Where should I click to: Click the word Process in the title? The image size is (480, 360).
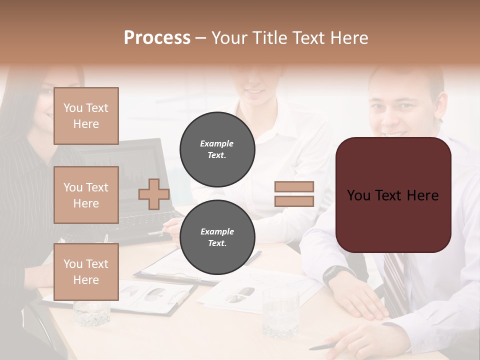click(x=157, y=37)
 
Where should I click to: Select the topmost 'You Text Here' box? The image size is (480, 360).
click(x=86, y=116)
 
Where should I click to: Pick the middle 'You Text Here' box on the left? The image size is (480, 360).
click(x=86, y=195)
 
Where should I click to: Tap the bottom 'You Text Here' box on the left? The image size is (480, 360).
click(x=86, y=271)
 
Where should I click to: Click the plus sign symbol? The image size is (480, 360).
click(x=154, y=194)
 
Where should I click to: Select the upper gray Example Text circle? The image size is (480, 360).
click(x=217, y=149)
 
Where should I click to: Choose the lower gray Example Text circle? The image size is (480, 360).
click(x=217, y=237)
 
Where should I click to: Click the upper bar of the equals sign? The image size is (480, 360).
click(x=294, y=187)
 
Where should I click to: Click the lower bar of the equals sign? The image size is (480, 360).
click(x=294, y=201)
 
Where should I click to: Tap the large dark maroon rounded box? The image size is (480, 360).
click(x=393, y=195)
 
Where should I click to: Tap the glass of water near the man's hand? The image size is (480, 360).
click(x=280, y=312)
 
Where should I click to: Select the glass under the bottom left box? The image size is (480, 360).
click(x=92, y=312)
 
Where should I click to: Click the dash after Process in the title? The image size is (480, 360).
click(x=200, y=38)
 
